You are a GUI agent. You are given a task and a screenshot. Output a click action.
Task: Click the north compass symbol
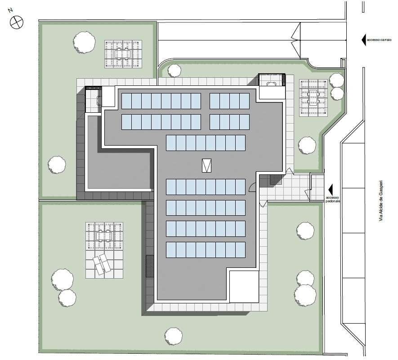point(17,22)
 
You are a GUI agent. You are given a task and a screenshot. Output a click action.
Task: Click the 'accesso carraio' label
point(379,40)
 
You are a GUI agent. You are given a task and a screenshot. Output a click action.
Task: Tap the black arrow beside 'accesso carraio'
point(364,40)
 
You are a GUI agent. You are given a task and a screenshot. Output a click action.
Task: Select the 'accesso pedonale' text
point(333,199)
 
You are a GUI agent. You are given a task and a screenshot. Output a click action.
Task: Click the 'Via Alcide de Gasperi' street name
point(381,201)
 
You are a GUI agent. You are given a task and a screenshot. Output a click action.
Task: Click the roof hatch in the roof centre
point(206,166)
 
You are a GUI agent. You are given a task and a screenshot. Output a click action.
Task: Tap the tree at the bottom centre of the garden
point(174,336)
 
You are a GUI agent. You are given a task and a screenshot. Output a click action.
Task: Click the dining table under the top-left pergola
point(123,54)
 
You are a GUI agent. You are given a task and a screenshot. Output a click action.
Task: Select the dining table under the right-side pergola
point(313,98)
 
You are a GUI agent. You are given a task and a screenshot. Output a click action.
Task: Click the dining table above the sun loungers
point(104,236)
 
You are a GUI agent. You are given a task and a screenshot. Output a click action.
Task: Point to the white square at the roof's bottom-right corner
point(244,286)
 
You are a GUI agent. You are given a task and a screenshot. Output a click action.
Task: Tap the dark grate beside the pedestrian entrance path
point(276,180)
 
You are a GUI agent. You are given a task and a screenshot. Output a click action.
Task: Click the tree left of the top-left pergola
point(84,42)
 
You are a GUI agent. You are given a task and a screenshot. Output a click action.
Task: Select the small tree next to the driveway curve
point(174,71)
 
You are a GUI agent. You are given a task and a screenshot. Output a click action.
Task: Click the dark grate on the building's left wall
point(150,266)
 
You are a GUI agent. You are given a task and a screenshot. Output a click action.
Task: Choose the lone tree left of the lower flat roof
point(57,164)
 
